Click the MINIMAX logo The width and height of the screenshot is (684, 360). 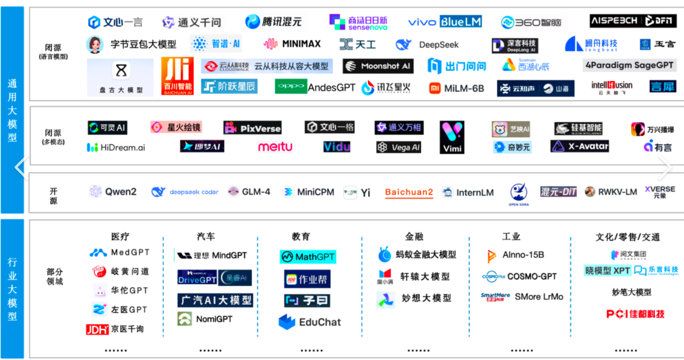pyautogui.click(x=292, y=44)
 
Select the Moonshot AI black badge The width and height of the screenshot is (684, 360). pyautogui.click(x=378, y=66)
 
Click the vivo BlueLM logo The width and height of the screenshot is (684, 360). pyautogui.click(x=445, y=22)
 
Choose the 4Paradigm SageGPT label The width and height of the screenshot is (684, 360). pyautogui.click(x=629, y=65)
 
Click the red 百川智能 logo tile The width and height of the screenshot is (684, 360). pyautogui.click(x=178, y=76)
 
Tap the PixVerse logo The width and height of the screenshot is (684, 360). pyautogui.click(x=253, y=128)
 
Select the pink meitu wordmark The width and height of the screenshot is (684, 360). pyautogui.click(x=275, y=147)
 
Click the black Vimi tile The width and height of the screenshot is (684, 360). pyautogui.click(x=452, y=137)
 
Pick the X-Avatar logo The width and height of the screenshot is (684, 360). pyautogui.click(x=580, y=146)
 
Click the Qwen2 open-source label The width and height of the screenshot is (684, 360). pyautogui.click(x=113, y=192)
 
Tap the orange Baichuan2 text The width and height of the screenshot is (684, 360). pyautogui.click(x=409, y=192)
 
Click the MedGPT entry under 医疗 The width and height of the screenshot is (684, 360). pyautogui.click(x=120, y=253)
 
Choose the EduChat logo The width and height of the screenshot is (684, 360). pyautogui.click(x=310, y=322)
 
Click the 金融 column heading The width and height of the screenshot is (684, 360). pyautogui.click(x=414, y=236)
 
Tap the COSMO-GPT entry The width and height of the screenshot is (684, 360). pyautogui.click(x=519, y=276)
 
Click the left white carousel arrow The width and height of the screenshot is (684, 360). pyautogui.click(x=21, y=167)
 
